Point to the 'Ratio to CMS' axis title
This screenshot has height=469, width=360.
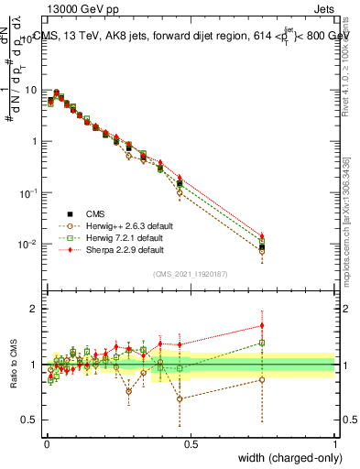[x=16, y=365]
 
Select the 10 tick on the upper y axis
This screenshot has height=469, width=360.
[x=32, y=90]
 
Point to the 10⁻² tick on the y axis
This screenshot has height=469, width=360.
[x=29, y=244]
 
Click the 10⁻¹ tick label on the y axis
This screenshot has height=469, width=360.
[x=29, y=192]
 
